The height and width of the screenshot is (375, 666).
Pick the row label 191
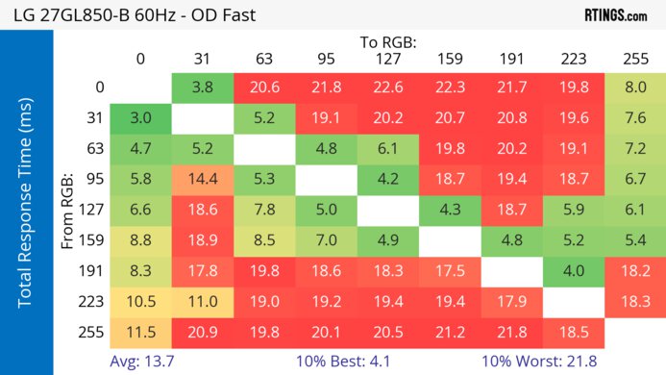pos(92,272)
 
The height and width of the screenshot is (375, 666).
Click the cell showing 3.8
pos(202,87)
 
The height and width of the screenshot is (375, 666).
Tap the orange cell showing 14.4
pos(202,180)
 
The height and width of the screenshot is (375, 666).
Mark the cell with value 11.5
pos(140,333)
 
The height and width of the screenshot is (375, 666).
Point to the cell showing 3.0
pos(140,118)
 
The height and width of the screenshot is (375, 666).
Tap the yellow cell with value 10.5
pos(140,302)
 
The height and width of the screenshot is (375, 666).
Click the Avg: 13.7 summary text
pos(139,361)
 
